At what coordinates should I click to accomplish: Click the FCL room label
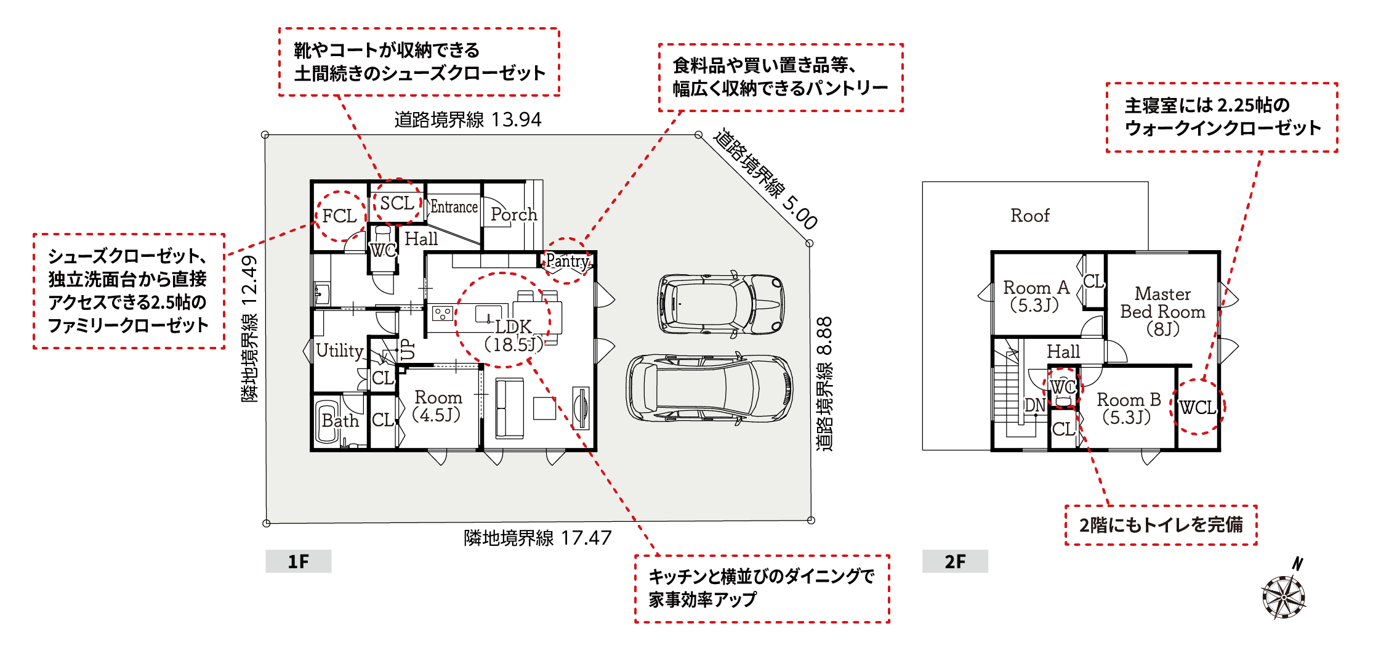[339, 216]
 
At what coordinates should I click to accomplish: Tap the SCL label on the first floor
[397, 203]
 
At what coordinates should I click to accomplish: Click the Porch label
[514, 214]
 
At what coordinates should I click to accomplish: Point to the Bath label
[340, 421]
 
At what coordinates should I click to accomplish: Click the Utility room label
[340, 351]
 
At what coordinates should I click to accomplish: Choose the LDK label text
[513, 327]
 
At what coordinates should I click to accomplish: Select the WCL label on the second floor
[1197, 407]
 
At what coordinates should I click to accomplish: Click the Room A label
[1036, 288]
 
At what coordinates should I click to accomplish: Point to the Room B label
[1129, 400]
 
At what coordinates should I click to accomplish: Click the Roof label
[1030, 216]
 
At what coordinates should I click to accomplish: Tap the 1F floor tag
[299, 561]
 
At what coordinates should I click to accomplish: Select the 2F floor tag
[955, 561]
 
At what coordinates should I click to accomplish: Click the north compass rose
[1284, 594]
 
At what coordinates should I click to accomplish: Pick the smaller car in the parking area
[721, 304]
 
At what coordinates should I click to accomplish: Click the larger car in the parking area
[709, 389]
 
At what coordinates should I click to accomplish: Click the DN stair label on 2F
[1035, 405]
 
